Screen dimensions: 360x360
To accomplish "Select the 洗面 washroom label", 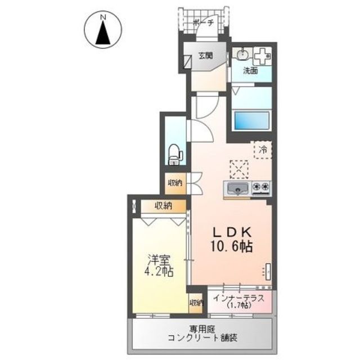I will coord(250,71).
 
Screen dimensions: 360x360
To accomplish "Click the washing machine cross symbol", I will coord(262,56).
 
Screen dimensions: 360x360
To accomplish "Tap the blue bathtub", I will coord(251,120).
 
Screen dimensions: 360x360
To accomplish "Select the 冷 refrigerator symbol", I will coord(262,149).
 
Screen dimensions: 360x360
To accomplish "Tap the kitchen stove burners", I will coord(261,187).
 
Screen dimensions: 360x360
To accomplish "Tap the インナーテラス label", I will coord(238,298).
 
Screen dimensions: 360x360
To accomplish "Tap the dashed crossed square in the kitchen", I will coord(238,168).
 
